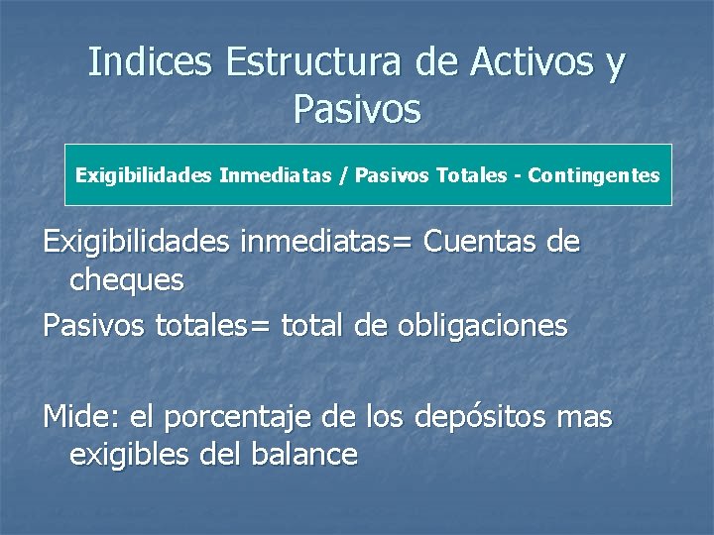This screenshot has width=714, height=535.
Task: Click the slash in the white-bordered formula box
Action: pyautogui.click(x=343, y=175)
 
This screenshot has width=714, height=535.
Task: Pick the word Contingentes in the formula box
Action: pyautogui.click(x=594, y=175)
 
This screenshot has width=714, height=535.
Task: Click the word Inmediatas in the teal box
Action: pyautogui.click(x=277, y=175)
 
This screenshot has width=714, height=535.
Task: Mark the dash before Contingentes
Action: pyautogui.click(x=518, y=175)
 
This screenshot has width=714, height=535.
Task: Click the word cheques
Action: pyautogui.click(x=127, y=280)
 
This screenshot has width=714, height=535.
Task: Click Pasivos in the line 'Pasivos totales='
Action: pyautogui.click(x=95, y=326)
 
